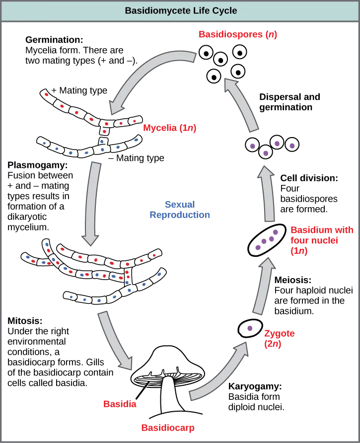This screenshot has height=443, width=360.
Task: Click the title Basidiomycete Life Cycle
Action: tap(181, 10)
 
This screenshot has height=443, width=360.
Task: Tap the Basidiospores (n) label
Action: tap(238, 34)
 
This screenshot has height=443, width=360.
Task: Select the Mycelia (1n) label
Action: tap(170, 128)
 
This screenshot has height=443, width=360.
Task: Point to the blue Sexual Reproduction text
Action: tap(179, 210)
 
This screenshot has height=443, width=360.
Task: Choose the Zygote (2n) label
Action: tap(280, 338)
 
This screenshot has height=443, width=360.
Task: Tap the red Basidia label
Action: tap(119, 404)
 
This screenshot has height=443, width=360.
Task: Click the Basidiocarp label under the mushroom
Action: tap(167, 428)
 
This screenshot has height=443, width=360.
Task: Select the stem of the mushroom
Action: tap(169, 395)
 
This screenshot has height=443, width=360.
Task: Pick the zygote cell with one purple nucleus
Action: tap(250, 328)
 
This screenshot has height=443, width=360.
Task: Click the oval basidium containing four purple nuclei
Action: tap(267, 240)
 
